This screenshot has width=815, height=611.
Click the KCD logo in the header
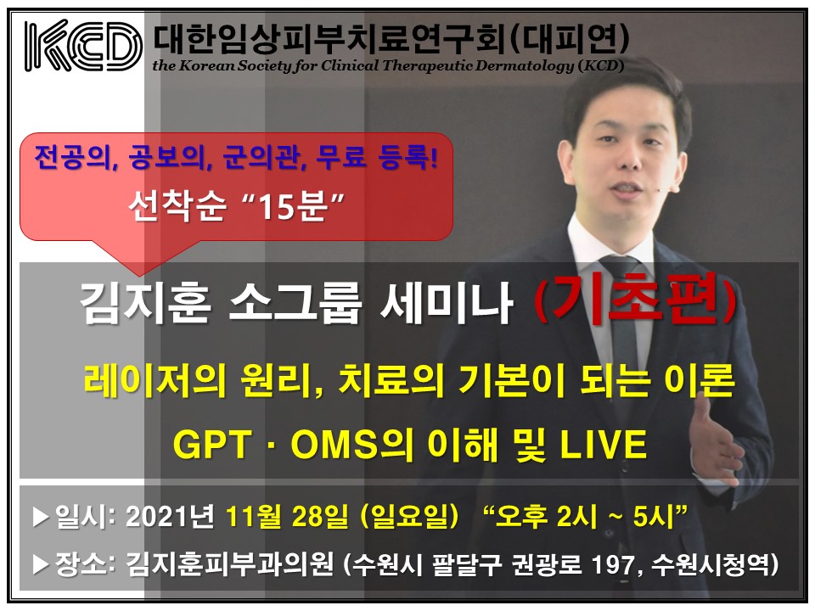coord(83,46)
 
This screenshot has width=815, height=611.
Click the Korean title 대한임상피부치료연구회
coord(329,39)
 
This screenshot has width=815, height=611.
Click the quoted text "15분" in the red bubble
coord(295,205)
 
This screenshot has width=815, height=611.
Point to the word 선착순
coord(177,205)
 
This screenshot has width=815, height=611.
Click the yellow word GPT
coord(212,445)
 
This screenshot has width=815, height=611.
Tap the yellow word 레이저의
coord(155,380)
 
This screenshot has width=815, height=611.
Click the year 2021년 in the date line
coord(170,517)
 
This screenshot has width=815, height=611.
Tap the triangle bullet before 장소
coord(41,565)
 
